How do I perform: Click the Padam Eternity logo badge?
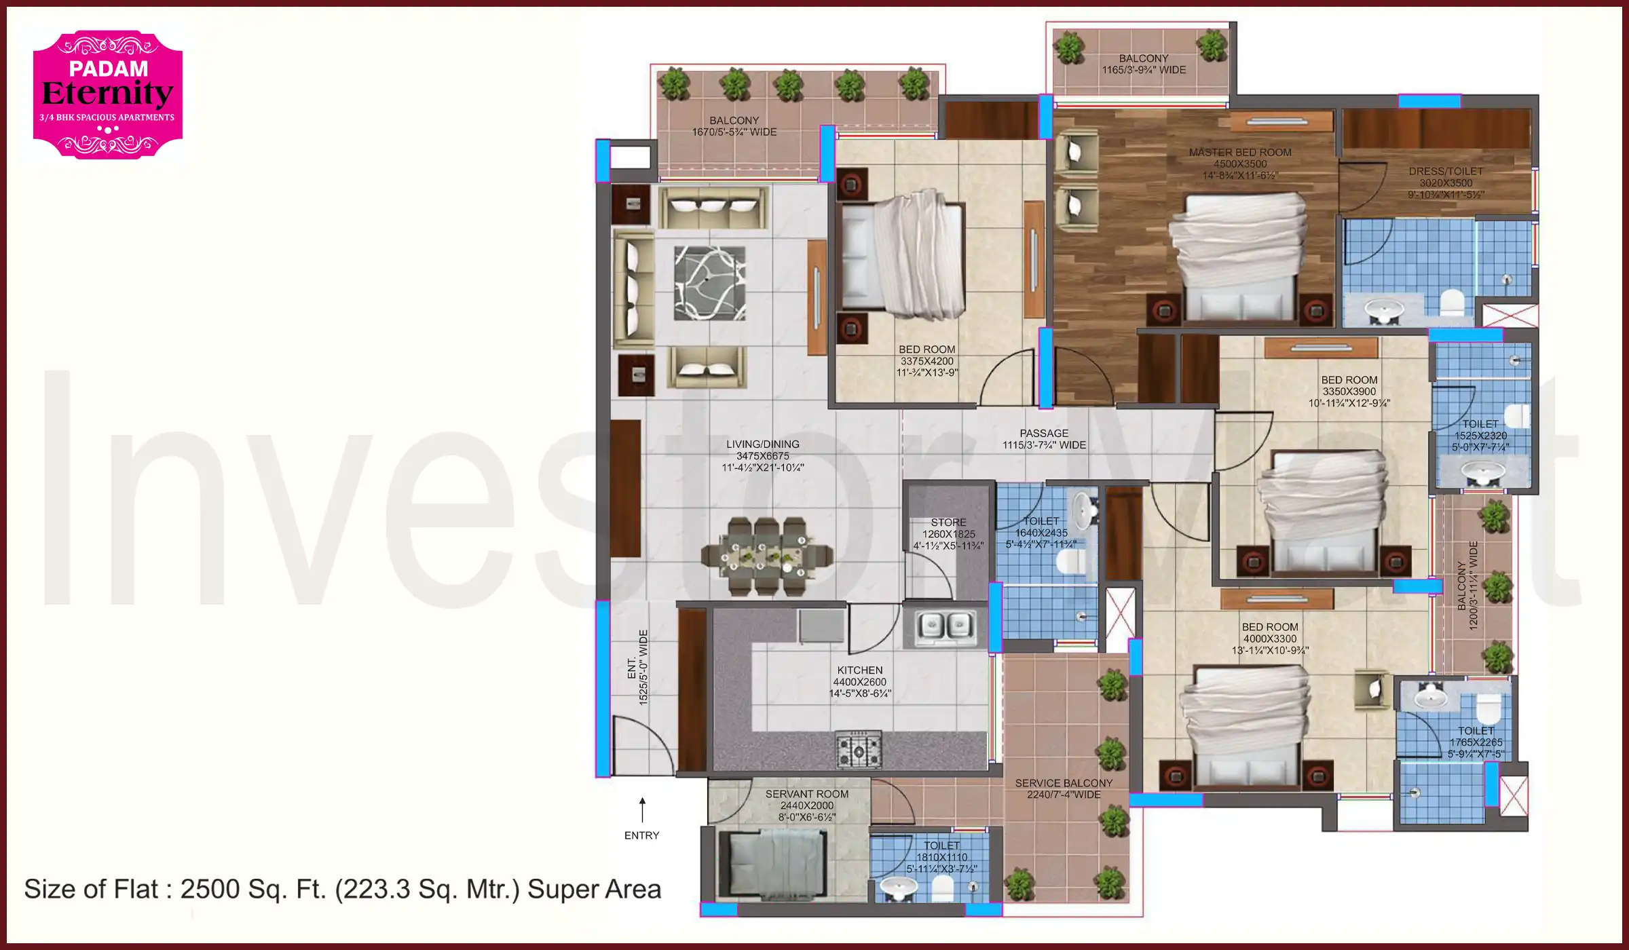pos(108,94)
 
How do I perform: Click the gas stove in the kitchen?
pos(859,750)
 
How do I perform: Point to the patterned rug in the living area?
pos(709,283)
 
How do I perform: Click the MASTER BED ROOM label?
pos(1240,153)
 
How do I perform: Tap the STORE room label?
pos(948,522)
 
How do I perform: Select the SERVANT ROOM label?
pos(806,794)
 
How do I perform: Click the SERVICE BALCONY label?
pos(1064,783)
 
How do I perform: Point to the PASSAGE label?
pos(1044,433)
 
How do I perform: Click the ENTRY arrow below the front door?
pos(642,810)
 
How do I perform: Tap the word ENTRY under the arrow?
pos(641,835)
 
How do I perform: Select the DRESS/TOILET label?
pos(1446,172)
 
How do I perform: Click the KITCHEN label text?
pos(859,670)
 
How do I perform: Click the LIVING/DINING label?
pos(762,444)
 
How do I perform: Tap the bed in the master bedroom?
pos(1241,258)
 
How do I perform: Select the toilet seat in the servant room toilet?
pos(941,888)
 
